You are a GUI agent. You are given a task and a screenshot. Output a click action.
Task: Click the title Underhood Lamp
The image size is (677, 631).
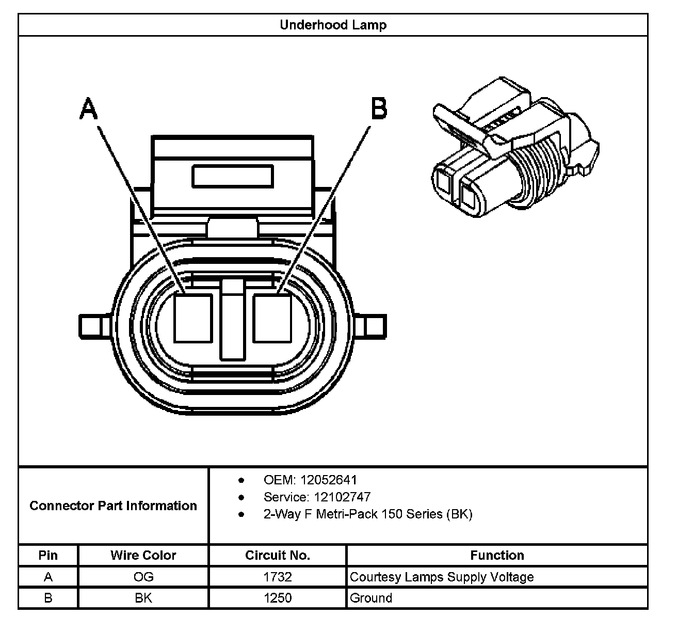(x=333, y=25)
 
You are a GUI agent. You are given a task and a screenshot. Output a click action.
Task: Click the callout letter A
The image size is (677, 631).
(x=89, y=109)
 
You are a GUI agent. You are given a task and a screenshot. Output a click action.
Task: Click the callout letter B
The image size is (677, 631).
(x=379, y=109)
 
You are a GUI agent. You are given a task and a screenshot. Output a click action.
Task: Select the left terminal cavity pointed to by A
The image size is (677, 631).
(x=193, y=318)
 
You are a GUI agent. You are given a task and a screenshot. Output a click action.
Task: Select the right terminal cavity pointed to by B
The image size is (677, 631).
(x=272, y=318)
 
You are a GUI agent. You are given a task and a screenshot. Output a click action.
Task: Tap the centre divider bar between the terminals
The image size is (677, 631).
(x=232, y=320)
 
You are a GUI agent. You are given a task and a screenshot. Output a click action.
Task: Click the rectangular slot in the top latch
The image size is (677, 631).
(x=232, y=176)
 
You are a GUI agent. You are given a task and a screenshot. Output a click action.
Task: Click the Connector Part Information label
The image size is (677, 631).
(x=113, y=506)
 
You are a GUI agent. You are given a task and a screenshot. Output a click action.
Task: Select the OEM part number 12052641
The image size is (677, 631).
(x=328, y=480)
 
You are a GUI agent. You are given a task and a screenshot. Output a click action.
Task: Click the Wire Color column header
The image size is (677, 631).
(x=143, y=556)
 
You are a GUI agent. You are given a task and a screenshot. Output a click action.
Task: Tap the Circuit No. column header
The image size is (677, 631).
(x=278, y=556)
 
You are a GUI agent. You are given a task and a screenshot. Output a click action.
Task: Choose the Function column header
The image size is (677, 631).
(x=497, y=556)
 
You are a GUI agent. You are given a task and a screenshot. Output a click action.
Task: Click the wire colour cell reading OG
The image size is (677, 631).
(x=143, y=577)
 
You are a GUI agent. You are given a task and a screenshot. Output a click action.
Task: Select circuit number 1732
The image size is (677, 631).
(x=278, y=577)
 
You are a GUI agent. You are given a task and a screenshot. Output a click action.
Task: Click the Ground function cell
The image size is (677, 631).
(x=371, y=598)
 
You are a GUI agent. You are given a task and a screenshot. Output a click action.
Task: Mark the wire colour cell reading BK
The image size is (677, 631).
(x=143, y=598)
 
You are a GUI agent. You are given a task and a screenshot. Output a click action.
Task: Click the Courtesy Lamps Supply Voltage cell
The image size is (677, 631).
(x=442, y=577)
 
